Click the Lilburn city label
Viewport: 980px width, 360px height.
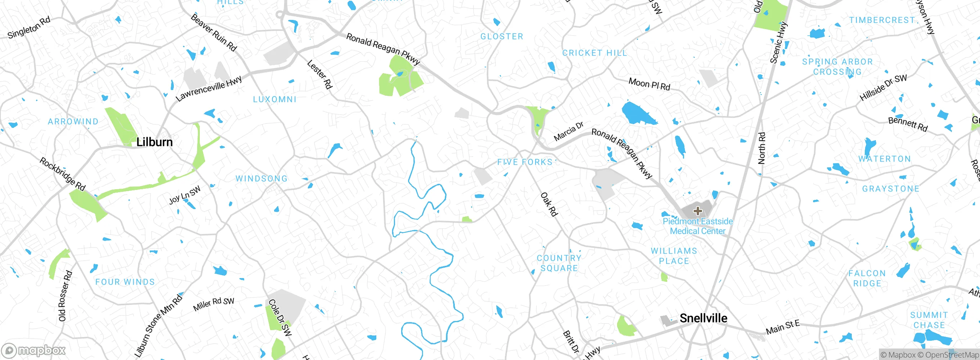pyautogui.click(x=154, y=142)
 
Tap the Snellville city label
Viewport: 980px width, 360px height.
pyautogui.click(x=703, y=318)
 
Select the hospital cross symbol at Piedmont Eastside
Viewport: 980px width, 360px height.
pyautogui.click(x=697, y=211)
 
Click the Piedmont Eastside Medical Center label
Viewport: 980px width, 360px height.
pyautogui.click(x=697, y=226)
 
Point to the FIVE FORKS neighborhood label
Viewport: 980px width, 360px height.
pyautogui.click(x=525, y=162)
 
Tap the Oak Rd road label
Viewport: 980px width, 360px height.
pyautogui.click(x=549, y=205)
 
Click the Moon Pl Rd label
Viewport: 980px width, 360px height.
pyautogui.click(x=649, y=84)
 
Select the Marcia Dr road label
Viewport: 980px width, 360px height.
pyautogui.click(x=568, y=131)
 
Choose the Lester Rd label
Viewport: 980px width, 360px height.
pyautogui.click(x=320, y=75)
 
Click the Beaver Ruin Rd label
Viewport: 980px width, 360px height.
pyautogui.click(x=214, y=33)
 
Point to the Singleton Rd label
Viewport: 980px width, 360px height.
pyautogui.click(x=29, y=28)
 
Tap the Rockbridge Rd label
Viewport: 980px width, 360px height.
pyautogui.click(x=62, y=174)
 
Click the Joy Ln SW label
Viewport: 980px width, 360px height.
pyautogui.click(x=185, y=195)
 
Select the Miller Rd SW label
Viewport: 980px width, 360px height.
pyautogui.click(x=214, y=304)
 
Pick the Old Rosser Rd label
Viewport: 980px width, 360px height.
pyautogui.click(x=65, y=296)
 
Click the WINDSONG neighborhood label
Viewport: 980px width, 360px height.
pyautogui.click(x=261, y=178)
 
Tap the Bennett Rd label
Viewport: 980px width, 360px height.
pyautogui.click(x=908, y=124)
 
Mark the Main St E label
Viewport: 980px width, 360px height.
pyautogui.click(x=782, y=327)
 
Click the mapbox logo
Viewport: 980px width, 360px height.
pyautogui.click(x=34, y=350)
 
